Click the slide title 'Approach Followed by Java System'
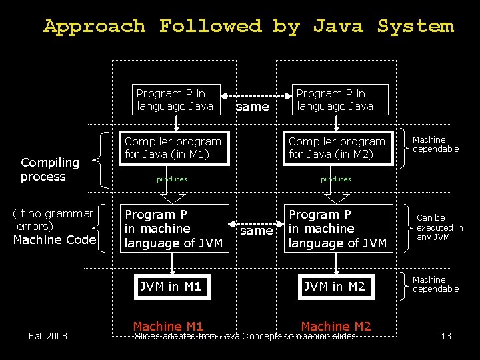248,27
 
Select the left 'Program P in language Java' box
175,100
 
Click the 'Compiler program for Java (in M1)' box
173,148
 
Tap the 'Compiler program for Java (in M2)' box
337,148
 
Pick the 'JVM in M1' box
170,287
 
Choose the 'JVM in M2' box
335,287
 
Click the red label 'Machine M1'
168,326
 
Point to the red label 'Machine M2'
335,326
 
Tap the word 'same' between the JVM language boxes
257,231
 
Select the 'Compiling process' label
50,169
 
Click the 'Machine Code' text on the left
55,239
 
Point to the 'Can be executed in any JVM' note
439,227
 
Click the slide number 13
446,336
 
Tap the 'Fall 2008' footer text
48,336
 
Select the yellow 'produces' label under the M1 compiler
171,179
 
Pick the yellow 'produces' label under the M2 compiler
335,179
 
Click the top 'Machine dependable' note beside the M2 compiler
435,145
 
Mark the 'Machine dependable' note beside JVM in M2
435,285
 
